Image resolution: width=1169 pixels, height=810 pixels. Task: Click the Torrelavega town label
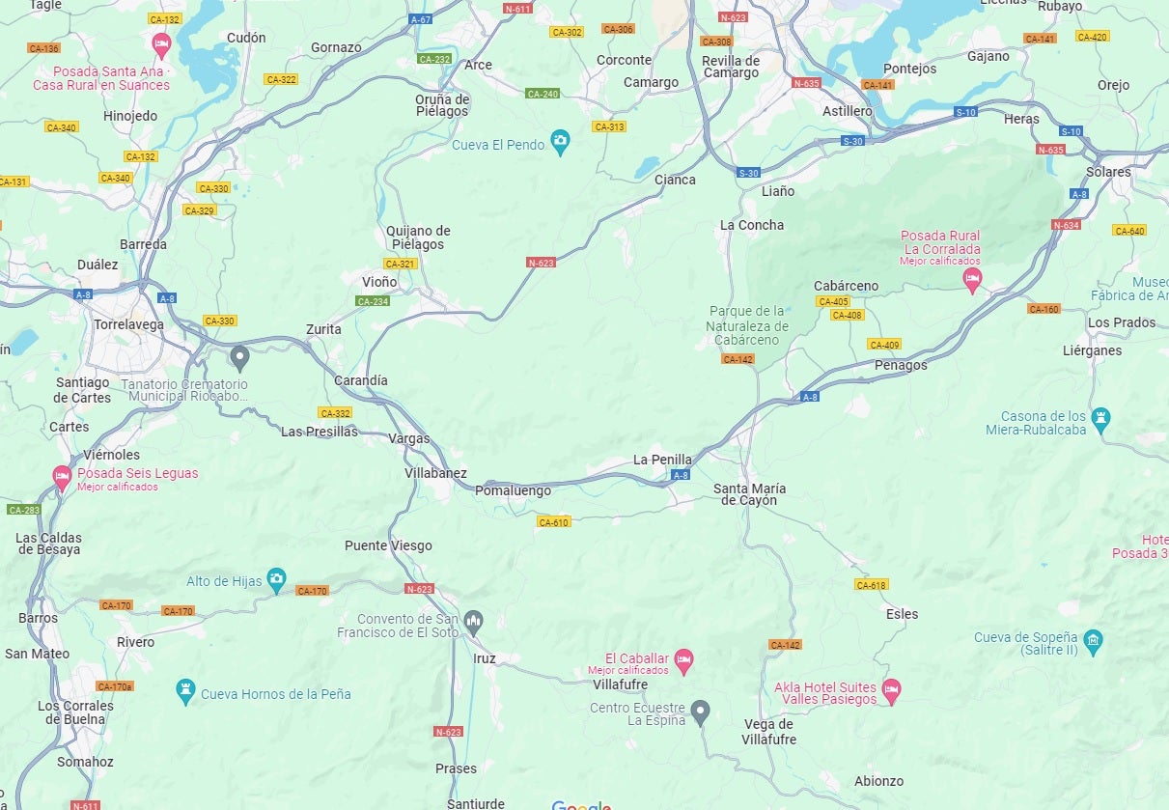(128, 324)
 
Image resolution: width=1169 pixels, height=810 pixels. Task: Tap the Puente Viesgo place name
(388, 545)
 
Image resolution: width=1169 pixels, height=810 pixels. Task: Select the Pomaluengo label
(514, 490)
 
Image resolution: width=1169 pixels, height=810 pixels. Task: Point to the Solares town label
(1107, 172)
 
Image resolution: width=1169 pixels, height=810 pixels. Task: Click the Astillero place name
(847, 111)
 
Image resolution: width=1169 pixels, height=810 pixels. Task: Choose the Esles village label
(902, 614)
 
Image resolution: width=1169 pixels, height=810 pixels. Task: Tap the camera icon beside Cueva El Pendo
(561, 143)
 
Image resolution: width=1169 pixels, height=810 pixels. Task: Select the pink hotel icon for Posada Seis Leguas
(62, 476)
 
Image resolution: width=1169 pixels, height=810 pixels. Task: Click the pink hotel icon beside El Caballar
(683, 660)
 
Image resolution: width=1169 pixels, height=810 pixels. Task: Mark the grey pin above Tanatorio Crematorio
(240, 358)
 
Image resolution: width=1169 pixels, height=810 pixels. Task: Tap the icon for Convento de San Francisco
(472, 620)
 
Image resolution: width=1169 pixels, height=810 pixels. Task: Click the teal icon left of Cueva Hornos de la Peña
(185, 691)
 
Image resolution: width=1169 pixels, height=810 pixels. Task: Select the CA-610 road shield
(553, 522)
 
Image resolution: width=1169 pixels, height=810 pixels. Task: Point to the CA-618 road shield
(871, 585)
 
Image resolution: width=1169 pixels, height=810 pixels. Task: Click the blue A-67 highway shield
(420, 19)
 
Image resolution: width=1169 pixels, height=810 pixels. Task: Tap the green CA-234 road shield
(373, 301)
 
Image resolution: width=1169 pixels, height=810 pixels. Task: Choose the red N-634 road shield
(1066, 225)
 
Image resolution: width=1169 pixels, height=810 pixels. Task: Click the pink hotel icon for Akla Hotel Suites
(891, 689)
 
